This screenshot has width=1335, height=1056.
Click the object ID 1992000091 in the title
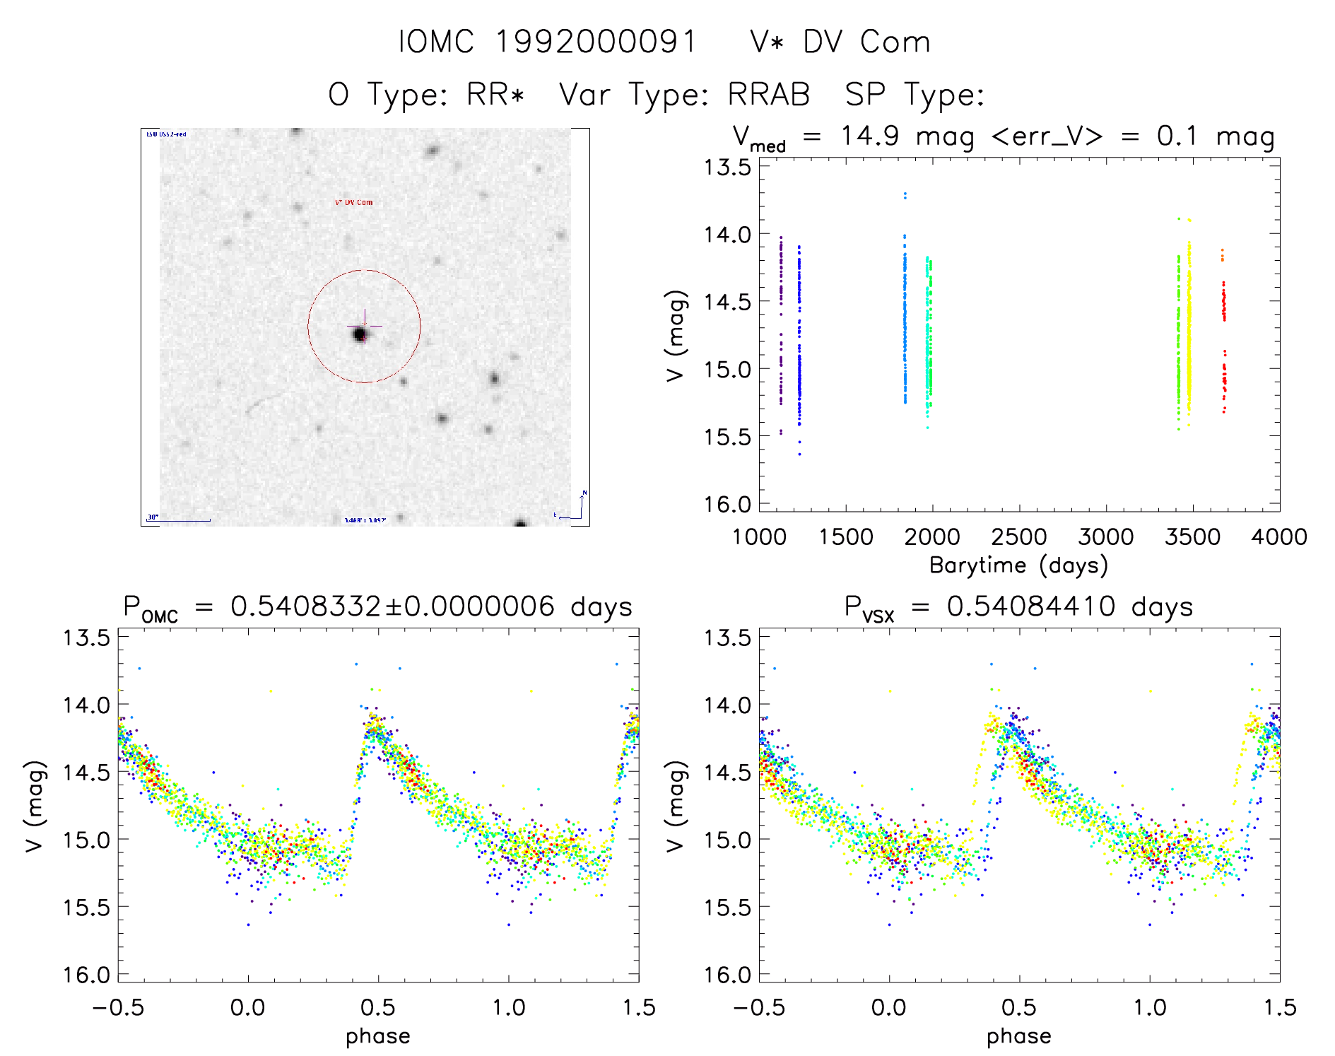click(x=596, y=42)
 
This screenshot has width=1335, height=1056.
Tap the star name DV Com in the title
click(x=866, y=42)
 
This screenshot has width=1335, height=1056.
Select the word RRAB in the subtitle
click(x=769, y=95)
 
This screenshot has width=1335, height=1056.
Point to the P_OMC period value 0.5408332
click(x=305, y=606)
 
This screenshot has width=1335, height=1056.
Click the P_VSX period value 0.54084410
click(x=1031, y=606)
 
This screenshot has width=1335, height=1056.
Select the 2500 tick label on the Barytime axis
click(x=1019, y=537)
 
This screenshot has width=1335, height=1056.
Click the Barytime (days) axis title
click(x=1018, y=565)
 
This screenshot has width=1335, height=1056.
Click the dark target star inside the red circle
click(x=359, y=333)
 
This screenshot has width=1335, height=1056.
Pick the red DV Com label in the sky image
click(x=353, y=203)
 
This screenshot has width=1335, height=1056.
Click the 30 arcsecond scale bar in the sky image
click(x=179, y=520)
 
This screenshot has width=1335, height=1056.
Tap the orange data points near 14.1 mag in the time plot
click(x=1222, y=255)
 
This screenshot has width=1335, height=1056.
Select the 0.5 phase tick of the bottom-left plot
click(x=378, y=1007)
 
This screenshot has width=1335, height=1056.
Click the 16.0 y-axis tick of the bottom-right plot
click(x=727, y=975)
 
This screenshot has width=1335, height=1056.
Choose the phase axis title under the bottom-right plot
click(x=1018, y=1036)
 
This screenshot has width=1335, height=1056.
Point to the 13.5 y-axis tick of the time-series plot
click(x=727, y=168)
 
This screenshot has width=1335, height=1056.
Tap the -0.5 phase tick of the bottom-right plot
click(x=759, y=1007)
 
